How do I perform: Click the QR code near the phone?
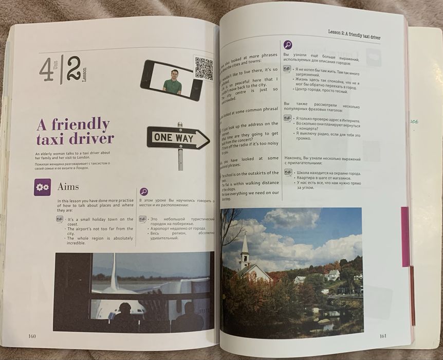click(x=204, y=68)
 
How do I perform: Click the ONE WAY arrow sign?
click(x=178, y=138)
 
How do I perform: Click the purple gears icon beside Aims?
click(x=42, y=187)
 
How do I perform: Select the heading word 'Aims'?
click(x=68, y=187)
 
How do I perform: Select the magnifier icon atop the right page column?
click(x=288, y=45)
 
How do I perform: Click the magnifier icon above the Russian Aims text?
click(x=144, y=192)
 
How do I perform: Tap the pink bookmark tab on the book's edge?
click(x=405, y=237)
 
